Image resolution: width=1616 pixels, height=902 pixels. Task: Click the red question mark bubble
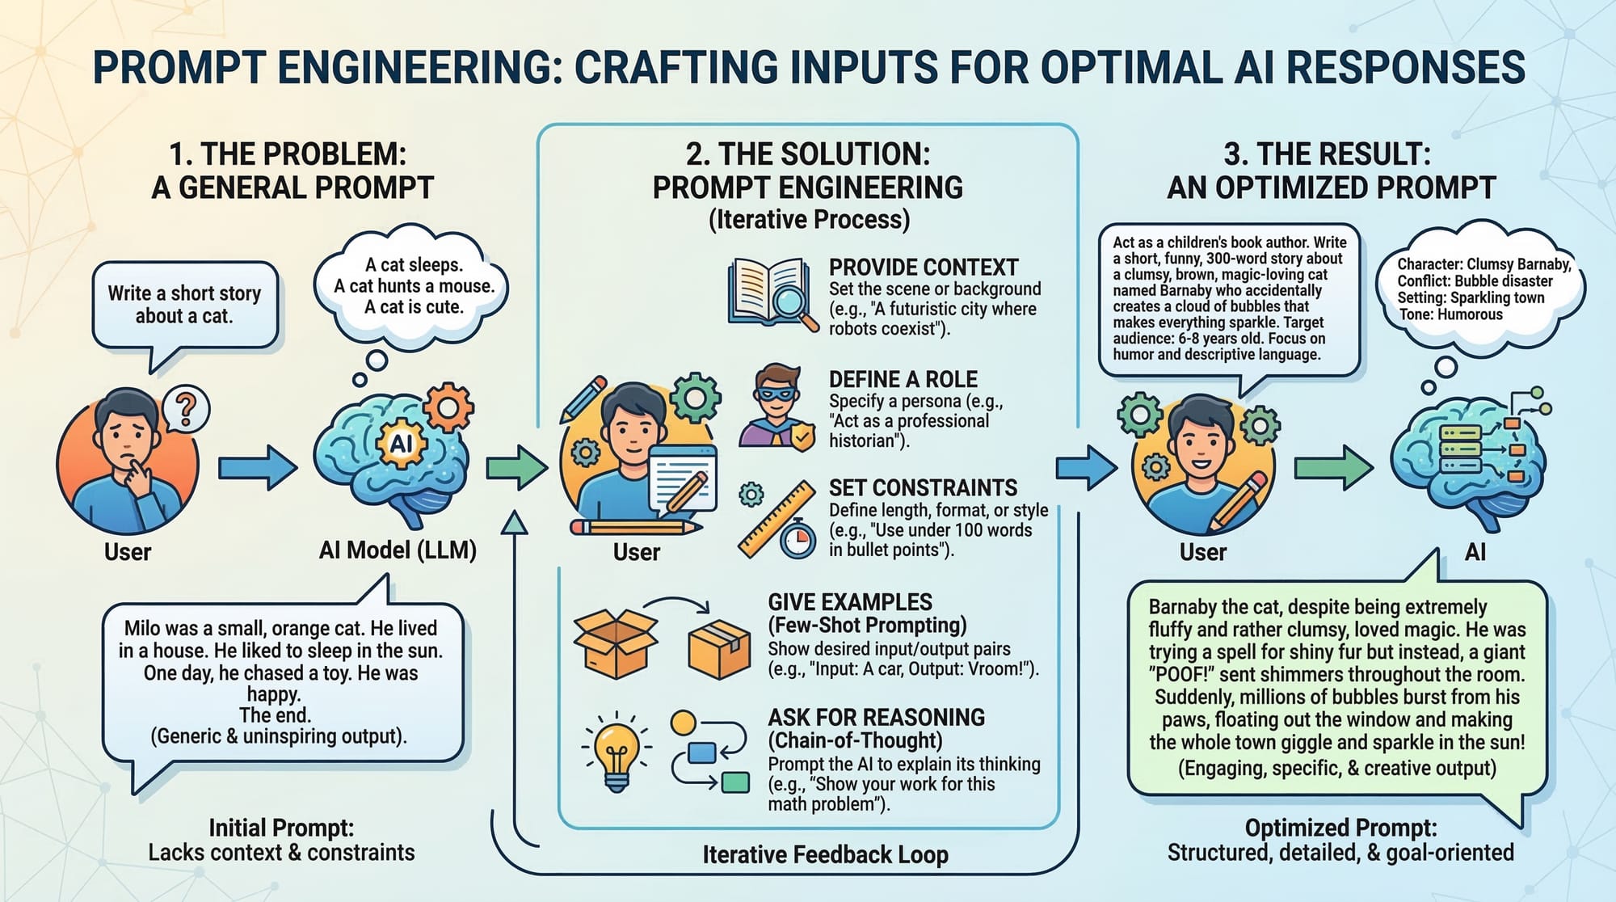coord(186,410)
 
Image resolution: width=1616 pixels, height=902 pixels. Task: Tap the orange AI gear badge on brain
coord(401,444)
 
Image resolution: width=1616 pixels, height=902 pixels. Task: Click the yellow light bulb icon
coord(617,751)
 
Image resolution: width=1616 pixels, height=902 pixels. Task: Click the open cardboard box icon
coord(615,643)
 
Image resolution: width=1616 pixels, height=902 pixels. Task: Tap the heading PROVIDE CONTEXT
coord(923,268)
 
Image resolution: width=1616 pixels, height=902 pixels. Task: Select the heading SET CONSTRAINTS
coord(923,487)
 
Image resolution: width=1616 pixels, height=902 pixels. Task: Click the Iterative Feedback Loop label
coord(824,854)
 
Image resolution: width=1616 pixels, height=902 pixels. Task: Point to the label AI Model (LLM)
coord(398,550)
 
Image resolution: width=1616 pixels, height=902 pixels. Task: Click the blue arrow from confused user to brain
coord(257,467)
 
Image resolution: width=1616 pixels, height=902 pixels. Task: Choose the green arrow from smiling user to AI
coord(1333,467)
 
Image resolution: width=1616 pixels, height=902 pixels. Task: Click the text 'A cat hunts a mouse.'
coord(414,286)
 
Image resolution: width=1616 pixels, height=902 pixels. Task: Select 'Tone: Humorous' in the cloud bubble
coord(1450,314)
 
